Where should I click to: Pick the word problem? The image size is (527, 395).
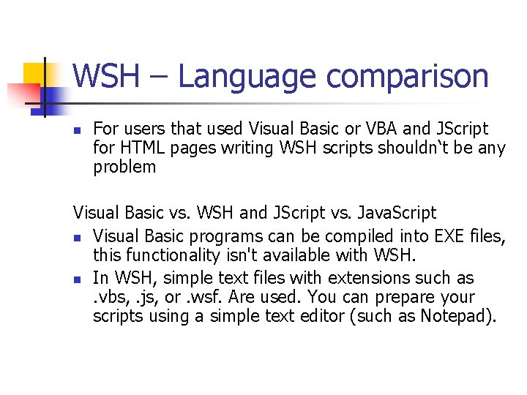tap(124, 168)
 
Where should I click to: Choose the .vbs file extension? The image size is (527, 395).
tap(109, 298)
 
